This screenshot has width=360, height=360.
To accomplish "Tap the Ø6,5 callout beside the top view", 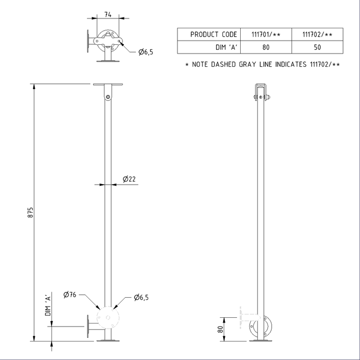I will click(x=146, y=52).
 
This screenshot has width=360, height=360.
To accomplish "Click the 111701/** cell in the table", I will click(x=265, y=34).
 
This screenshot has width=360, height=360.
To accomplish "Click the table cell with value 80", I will click(x=265, y=47).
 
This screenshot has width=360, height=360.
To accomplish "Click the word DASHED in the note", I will click(x=230, y=65).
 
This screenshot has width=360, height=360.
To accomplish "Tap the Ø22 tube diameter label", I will click(x=129, y=179).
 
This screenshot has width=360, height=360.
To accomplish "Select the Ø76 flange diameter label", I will click(x=70, y=295).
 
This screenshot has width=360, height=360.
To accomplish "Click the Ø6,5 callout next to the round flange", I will click(x=141, y=297).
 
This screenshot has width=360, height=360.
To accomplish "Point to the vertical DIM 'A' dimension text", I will click(x=47, y=305).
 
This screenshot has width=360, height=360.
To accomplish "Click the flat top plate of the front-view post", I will click(x=108, y=85).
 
